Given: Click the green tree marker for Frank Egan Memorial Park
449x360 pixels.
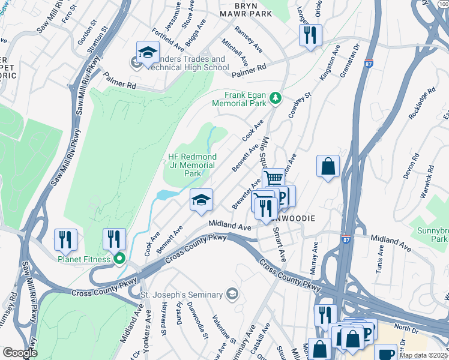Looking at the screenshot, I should point(275,98).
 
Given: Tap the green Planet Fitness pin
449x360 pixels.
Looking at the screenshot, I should point(119,259).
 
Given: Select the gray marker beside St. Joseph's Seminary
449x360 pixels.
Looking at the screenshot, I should point(232,294).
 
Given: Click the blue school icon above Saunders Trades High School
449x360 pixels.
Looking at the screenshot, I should point(148,53).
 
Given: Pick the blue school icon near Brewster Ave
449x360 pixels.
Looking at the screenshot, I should point(202,200).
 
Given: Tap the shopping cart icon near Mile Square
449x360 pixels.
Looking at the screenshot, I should point(274,178).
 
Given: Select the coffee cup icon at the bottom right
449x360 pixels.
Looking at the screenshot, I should point(385,353).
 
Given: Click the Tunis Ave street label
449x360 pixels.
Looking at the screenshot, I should point(379,261).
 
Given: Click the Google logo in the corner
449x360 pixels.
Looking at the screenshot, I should point(20,353).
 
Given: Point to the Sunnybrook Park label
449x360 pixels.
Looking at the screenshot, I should point(433,235).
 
